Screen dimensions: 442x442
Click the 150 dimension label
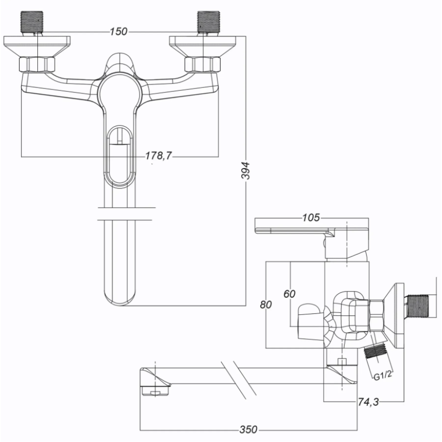pos(118,31)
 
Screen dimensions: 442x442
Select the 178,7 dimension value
pos(159,155)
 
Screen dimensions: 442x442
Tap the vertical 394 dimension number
pos(246,170)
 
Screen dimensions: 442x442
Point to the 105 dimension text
pos(311,218)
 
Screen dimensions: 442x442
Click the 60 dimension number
pos(289,294)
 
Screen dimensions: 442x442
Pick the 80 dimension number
pos(266,304)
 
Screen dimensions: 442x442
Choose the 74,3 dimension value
pos(368,402)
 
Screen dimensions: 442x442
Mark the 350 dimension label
pos(249,430)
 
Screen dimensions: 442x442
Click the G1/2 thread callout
pos(383,376)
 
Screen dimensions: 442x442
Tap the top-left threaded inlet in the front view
pos(32,22)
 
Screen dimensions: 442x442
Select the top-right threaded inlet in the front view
pos(209,22)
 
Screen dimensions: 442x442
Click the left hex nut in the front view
pos(37,64)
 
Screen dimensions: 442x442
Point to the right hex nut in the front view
pos(202,64)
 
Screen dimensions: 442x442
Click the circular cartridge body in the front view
pos(119,93)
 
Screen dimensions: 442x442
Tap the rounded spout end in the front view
pos(119,299)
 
